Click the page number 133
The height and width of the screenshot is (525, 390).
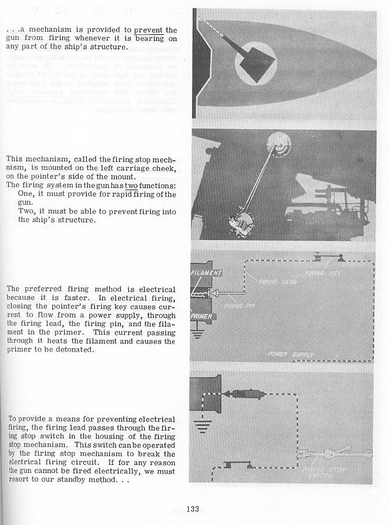193,509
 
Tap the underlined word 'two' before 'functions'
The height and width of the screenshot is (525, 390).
132,185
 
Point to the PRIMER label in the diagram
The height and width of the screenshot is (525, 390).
201,316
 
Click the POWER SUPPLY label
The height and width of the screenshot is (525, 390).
290,354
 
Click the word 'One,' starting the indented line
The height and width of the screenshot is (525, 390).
27,194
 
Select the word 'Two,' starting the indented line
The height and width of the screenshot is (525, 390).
27,212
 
